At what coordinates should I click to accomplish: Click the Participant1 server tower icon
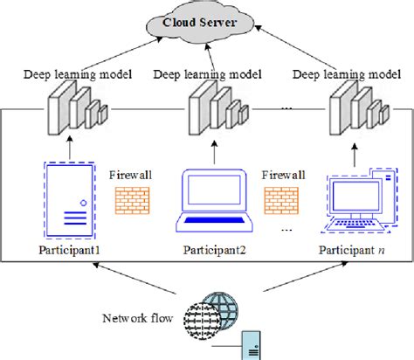point(66,201)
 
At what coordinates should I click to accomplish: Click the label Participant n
point(353,251)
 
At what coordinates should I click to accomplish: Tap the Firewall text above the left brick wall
point(132,175)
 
